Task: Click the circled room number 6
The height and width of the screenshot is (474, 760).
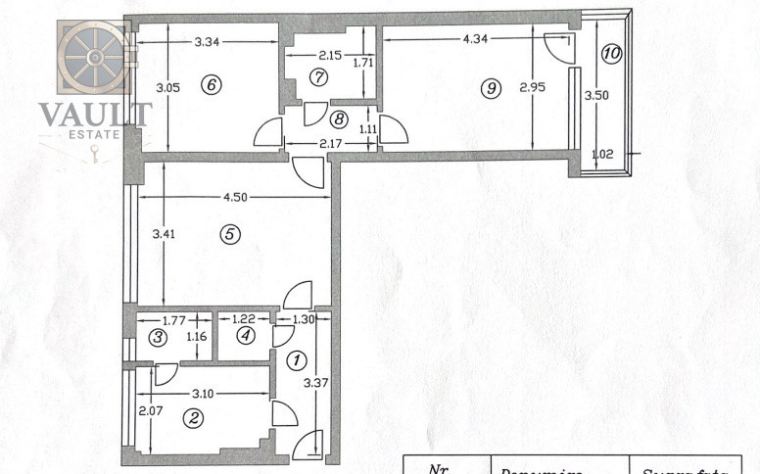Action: [x=210, y=84]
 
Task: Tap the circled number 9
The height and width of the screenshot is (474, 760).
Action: [x=491, y=88]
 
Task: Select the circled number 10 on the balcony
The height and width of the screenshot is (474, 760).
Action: [x=610, y=53]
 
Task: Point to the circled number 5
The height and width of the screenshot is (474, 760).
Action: [x=229, y=234]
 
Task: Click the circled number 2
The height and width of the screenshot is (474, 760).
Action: [x=194, y=418]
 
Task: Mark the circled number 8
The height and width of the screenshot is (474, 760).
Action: [x=339, y=119]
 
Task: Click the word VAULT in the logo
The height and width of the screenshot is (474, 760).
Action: [x=95, y=115]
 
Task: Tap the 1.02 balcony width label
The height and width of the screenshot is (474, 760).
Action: [x=604, y=154]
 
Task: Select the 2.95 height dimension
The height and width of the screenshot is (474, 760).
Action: [x=532, y=88]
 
